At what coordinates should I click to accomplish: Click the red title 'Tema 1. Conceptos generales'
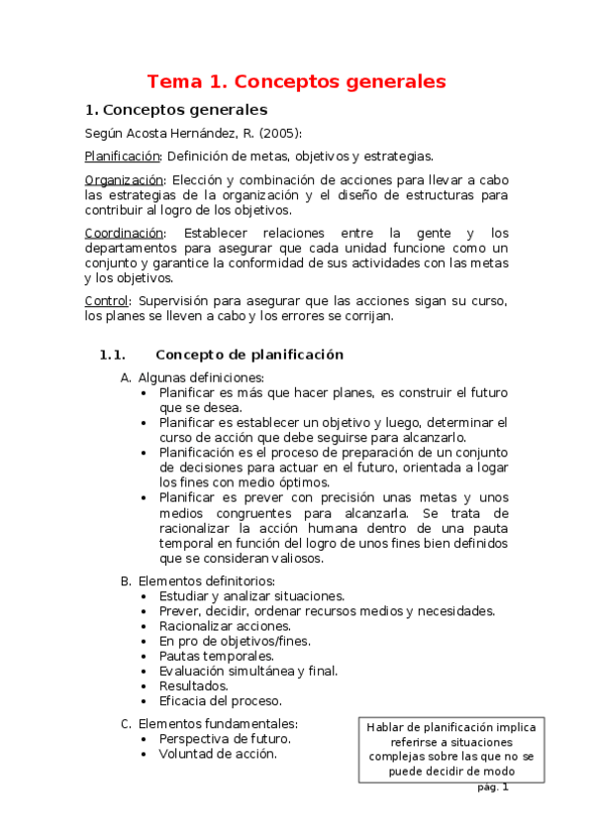click(296, 81)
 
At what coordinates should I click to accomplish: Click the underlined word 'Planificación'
click(123, 157)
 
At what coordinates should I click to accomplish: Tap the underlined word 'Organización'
click(124, 180)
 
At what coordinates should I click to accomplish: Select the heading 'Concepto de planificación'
click(249, 355)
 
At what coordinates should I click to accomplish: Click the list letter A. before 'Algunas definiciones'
click(126, 377)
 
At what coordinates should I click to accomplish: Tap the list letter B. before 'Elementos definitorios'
click(126, 579)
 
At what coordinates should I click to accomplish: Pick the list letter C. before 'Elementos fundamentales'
click(126, 723)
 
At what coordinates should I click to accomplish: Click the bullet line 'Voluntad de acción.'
click(218, 753)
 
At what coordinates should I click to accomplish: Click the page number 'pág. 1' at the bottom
click(492, 787)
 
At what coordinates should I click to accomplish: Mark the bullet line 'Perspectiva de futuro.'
click(225, 738)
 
